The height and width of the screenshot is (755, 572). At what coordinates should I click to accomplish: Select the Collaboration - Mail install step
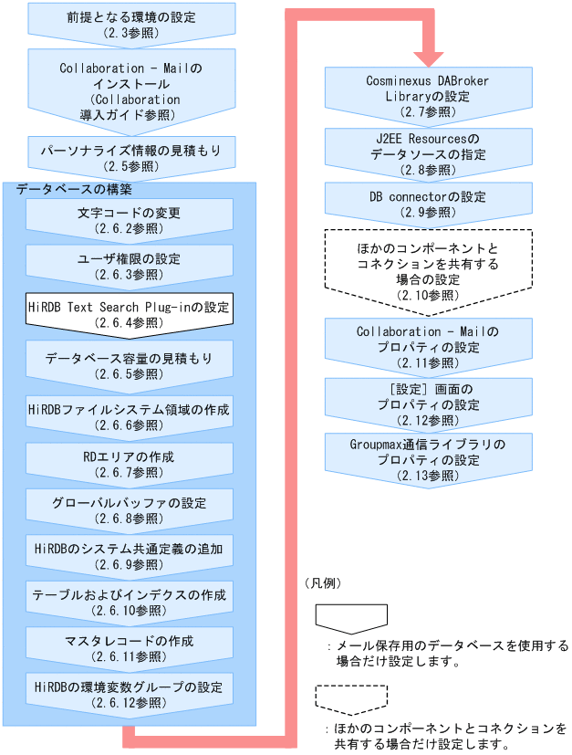(x=129, y=89)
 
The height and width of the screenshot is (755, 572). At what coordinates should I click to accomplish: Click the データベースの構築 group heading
(x=74, y=190)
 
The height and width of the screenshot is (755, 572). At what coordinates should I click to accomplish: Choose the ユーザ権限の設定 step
(x=129, y=266)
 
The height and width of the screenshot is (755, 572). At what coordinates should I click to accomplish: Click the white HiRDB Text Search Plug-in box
(x=129, y=313)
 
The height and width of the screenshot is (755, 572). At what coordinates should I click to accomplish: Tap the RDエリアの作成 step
(x=129, y=463)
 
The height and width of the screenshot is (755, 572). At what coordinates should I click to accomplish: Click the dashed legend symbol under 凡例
(x=338, y=699)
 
